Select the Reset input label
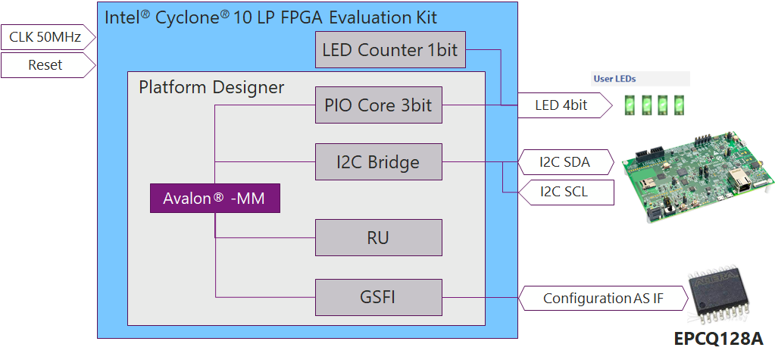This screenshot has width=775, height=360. (45, 65)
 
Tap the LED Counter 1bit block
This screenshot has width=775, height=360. (389, 50)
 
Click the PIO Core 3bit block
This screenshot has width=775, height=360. (378, 105)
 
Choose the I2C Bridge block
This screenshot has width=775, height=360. (378, 161)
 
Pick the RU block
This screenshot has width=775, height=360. (378, 238)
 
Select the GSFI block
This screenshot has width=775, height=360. (378, 297)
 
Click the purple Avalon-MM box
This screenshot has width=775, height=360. (214, 199)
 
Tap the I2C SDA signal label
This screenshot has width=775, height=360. (564, 162)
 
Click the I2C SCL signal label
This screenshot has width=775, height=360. (564, 193)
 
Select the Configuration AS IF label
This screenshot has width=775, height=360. (602, 299)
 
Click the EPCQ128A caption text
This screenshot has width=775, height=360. (718, 339)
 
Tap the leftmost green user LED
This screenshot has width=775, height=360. (628, 104)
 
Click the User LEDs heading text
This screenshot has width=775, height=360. (614, 78)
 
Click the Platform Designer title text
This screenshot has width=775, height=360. (211, 87)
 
